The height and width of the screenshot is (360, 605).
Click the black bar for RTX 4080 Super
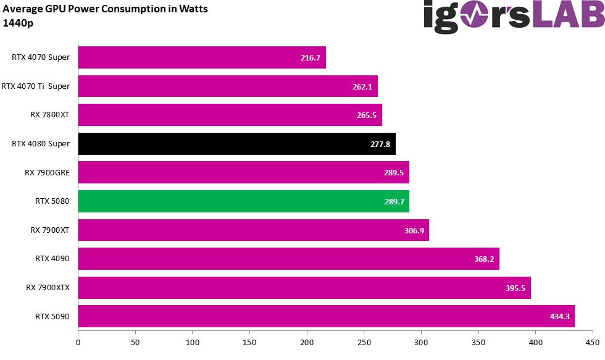[236, 144]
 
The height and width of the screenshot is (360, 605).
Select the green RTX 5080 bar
[243, 201]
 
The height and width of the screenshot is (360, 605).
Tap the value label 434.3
[560, 316]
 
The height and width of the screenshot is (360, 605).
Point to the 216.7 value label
[311, 58]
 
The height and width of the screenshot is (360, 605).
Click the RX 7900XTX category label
[48, 287]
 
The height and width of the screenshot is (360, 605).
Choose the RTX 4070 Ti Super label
[36, 86]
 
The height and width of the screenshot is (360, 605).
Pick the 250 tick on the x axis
[364, 341]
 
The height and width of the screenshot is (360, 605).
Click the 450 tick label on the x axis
[593, 341]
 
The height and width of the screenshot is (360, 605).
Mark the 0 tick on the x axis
[78, 341]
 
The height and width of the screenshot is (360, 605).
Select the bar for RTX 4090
[288, 259]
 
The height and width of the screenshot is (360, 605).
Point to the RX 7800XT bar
[230, 115]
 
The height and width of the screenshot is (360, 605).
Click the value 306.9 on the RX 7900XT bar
[414, 230]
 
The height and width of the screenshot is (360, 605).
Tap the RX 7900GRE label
[47, 172]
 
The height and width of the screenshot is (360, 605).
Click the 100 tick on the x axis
[193, 341]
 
